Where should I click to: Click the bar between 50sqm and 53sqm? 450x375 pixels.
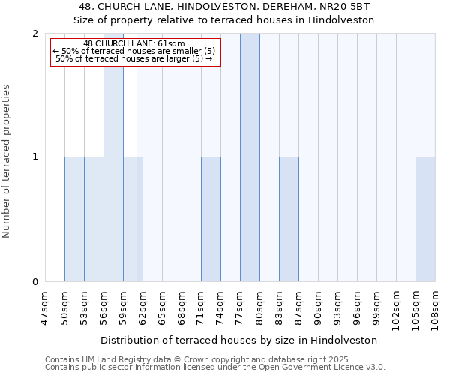click(74, 219)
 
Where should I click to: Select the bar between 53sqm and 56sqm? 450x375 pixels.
click(94, 219)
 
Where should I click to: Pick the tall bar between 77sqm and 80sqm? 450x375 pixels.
click(250, 157)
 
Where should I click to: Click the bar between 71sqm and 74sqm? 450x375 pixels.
click(211, 219)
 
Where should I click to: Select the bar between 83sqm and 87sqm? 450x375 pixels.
click(289, 219)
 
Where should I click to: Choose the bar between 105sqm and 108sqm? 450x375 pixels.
click(425, 219)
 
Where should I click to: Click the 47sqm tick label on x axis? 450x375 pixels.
click(45, 307)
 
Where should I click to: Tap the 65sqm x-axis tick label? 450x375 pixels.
click(162, 307)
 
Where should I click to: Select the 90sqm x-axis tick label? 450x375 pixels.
click(318, 307)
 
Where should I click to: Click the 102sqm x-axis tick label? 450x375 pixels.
click(396, 307)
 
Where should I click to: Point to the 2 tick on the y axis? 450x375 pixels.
click(35, 34)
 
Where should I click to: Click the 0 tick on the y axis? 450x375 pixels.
click(35, 282)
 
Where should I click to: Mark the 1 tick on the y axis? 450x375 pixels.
click(35, 157)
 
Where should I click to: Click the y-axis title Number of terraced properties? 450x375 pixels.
click(7, 161)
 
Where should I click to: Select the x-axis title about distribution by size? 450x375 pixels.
click(239, 340)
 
